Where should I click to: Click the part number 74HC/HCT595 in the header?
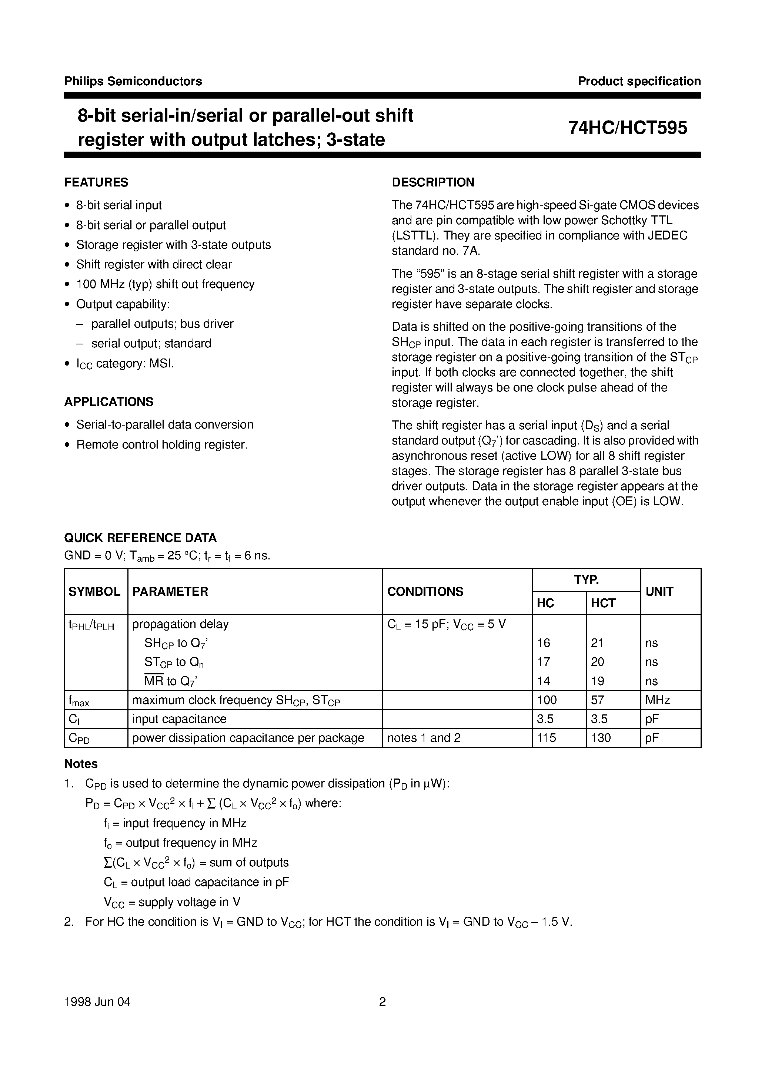coord(627,128)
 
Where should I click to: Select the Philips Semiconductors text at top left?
coord(133,81)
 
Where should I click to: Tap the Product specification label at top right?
coord(639,81)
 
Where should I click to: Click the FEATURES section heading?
coord(96,182)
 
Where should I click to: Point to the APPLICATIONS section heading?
coord(109,402)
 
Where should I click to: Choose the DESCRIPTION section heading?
coord(433,182)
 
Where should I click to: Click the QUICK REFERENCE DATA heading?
coord(140,538)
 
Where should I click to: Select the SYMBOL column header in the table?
coord(94,592)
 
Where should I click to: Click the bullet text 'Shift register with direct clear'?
coord(154,264)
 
